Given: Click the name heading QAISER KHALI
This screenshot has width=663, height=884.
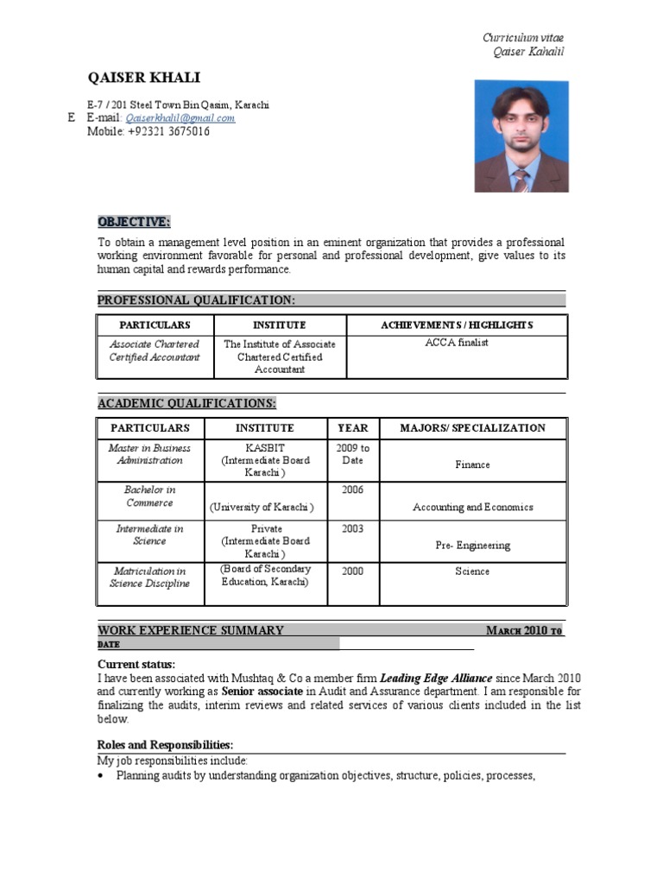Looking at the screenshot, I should point(143,78).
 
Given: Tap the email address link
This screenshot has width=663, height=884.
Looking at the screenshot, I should point(180,118).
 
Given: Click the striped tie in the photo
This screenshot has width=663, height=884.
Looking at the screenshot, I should point(521,179).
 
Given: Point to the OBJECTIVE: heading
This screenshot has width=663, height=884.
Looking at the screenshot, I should point(134,221).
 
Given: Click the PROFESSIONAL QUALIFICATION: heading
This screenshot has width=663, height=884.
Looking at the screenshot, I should point(196,300).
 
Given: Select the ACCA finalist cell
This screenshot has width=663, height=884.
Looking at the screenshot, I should point(457,343).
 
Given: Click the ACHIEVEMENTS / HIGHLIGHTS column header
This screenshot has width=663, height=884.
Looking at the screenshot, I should point(457,325).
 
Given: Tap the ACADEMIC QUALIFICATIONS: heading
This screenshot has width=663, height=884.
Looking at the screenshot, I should point(186,403).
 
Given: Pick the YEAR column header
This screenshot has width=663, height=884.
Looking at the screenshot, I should point(352,427).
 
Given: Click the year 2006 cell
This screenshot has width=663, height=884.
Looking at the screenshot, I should point(352,489).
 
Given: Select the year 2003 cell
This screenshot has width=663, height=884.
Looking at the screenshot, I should point(352,528).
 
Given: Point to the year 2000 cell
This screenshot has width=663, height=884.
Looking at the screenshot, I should point(352,571).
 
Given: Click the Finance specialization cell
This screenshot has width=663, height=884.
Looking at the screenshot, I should point(472,464).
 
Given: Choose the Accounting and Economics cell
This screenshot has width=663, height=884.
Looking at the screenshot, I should point(472,508).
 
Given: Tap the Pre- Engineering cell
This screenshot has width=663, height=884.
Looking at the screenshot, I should point(472,546).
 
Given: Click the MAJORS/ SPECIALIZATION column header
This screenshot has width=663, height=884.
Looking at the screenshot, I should point(472,427).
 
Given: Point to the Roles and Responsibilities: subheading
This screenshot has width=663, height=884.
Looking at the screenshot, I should point(165,745).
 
